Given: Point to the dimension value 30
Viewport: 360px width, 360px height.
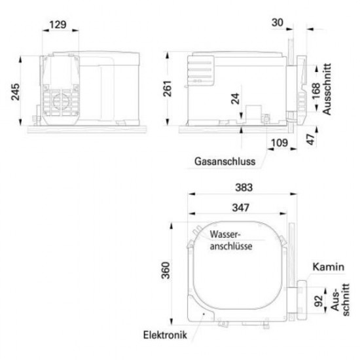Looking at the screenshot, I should [x=278, y=24].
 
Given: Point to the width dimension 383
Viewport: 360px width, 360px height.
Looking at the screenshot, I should [x=242, y=187].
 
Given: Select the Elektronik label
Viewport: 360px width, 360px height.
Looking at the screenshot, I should [x=165, y=334].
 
